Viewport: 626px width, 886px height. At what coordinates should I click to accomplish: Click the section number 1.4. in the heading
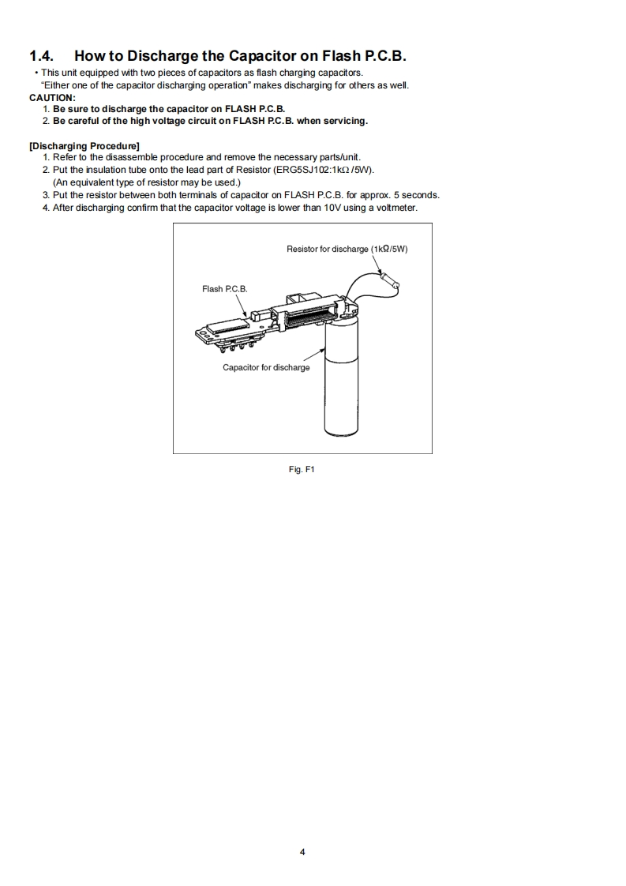click(x=42, y=56)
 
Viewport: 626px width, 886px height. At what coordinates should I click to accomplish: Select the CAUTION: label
click(x=53, y=98)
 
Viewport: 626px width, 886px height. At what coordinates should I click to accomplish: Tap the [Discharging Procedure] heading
click(x=84, y=146)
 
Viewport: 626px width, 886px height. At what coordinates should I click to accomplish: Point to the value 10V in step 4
click(x=332, y=208)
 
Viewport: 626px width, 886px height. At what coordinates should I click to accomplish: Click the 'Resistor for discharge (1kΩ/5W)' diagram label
click(x=347, y=250)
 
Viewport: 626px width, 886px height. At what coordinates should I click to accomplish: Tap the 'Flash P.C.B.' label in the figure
click(x=225, y=289)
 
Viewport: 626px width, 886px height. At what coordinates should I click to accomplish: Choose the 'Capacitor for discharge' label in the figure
click(x=266, y=368)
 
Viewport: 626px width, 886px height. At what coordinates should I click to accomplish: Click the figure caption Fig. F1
click(x=302, y=470)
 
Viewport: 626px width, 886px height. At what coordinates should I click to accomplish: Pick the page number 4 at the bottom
click(x=302, y=852)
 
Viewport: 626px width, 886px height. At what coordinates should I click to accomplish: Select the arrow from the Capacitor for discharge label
click(x=314, y=355)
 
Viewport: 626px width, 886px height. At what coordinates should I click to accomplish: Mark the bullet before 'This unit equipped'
click(x=36, y=73)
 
